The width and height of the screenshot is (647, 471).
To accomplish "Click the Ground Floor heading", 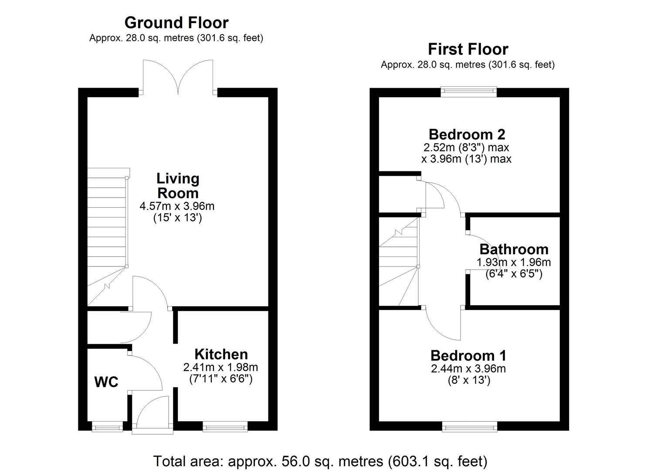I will (176, 23).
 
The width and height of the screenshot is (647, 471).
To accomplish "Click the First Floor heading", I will (467, 49).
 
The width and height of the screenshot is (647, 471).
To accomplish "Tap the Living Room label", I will (177, 185).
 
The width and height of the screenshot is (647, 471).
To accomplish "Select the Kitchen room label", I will (221, 354).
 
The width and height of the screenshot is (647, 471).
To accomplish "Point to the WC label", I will (106, 382).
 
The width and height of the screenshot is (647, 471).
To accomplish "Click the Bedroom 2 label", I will (467, 134).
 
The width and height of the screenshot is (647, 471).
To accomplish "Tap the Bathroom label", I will (514, 249).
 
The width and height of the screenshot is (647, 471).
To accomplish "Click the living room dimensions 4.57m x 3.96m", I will (177, 206).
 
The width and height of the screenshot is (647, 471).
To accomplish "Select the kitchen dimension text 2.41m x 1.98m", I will (221, 367).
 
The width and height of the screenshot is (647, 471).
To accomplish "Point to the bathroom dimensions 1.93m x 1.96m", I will (514, 262).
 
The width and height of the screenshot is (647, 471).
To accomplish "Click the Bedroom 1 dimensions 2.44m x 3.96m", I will (468, 369).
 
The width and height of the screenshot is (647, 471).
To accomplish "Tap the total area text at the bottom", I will (320, 461).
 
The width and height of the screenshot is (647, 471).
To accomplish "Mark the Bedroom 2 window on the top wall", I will (468, 91).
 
